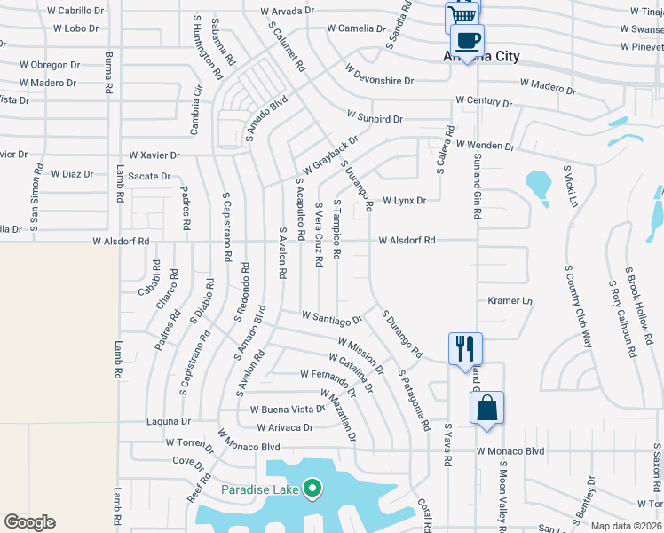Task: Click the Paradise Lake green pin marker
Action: click(312, 488)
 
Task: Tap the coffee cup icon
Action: click(467, 39)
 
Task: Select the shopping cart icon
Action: click(462, 15)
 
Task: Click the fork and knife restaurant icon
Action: click(465, 348)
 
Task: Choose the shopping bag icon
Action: click(486, 409)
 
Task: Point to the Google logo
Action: click(29, 522)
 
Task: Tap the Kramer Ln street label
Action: click(509, 301)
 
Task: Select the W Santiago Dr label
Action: click(332, 316)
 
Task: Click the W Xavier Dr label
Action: click(154, 155)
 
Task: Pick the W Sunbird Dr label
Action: click(375, 117)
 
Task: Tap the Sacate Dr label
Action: click(148, 176)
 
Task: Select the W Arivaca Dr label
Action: click(285, 427)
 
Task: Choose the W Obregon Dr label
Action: click(55, 65)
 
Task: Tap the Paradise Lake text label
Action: click(260, 489)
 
